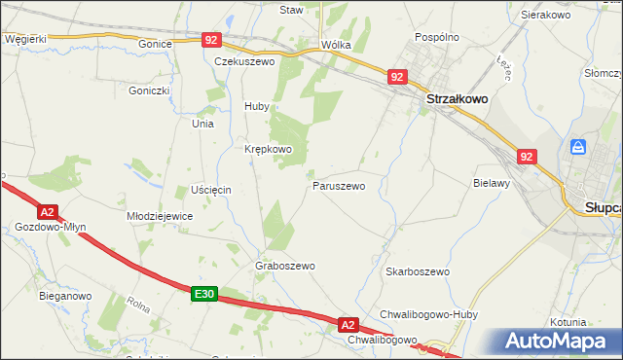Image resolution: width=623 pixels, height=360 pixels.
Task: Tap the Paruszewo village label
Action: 339,185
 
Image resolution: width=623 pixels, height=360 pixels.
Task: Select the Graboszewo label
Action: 284,265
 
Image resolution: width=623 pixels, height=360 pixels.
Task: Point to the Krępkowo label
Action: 268,149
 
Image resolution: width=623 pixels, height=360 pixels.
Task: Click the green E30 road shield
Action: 202,293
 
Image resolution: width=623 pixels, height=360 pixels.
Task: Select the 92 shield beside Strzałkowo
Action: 396,76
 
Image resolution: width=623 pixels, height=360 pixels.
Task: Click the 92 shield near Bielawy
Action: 527,156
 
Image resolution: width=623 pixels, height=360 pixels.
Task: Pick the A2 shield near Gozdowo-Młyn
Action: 47,211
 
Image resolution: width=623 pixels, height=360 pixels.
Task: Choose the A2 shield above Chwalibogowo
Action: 349,323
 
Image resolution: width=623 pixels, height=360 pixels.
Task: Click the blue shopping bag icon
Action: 578,147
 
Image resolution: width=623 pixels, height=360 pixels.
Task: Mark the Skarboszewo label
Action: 417,271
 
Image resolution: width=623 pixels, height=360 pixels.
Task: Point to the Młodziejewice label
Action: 161,216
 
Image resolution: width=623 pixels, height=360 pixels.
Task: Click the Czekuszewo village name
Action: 245,60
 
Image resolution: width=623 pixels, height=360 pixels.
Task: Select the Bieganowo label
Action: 64,295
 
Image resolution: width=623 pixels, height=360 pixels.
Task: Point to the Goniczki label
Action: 149,90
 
